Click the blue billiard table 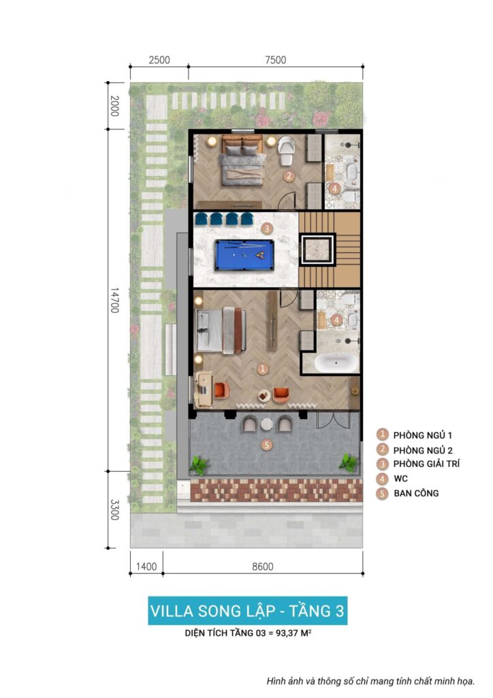244,255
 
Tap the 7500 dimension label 276,60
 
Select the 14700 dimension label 114,300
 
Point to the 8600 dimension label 263,566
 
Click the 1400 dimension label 146,566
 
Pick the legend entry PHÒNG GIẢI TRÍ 426,464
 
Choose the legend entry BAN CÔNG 416,494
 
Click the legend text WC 400,479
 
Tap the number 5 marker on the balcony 266,444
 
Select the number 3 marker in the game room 267,229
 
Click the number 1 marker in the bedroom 263,369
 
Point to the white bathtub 336,363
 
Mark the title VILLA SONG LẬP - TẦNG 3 247,611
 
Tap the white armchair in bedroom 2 286,150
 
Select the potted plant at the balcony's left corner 199,465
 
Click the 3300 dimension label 114,510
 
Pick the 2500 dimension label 159,60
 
